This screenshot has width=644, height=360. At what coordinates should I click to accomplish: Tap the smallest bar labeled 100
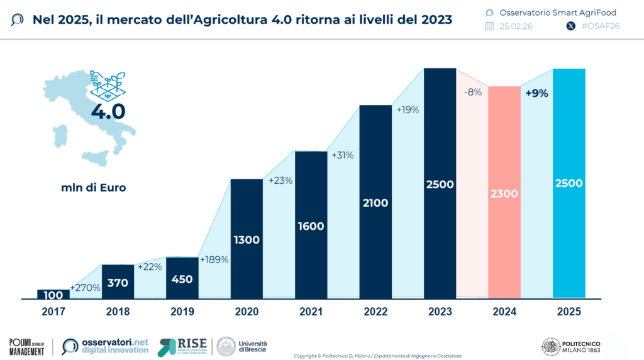click(53, 294)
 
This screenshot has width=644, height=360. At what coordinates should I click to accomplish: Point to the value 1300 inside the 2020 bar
click(247, 240)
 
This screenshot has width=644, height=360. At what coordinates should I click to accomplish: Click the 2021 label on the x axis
click(311, 312)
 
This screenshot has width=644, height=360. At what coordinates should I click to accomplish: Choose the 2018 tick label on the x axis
click(118, 312)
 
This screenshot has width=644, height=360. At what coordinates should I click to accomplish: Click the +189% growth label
click(214, 259)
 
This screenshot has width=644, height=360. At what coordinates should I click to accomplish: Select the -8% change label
click(472, 92)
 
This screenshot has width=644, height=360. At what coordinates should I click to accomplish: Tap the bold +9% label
click(536, 93)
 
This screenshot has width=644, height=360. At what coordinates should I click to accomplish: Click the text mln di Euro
click(92, 187)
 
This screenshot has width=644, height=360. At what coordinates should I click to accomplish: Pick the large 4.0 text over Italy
click(108, 112)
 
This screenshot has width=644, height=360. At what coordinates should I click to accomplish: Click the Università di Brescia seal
click(226, 346)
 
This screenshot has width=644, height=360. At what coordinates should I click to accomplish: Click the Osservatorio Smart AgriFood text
click(548, 12)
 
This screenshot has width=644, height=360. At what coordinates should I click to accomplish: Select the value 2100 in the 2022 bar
click(375, 203)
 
